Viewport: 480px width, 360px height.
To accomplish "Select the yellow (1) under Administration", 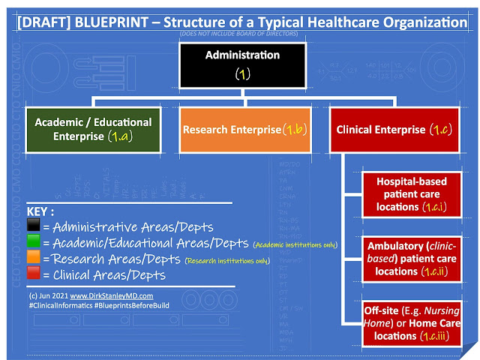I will (241, 75).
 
